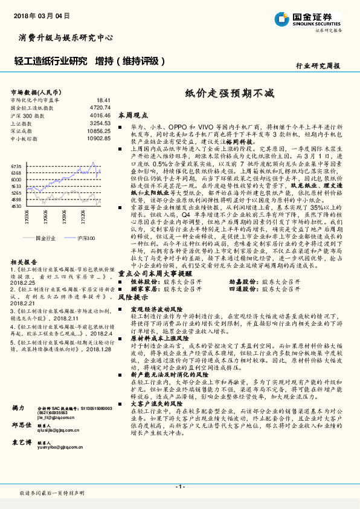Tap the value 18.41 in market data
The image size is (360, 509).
[x=103, y=100]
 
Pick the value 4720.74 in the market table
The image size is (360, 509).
[x=100, y=107]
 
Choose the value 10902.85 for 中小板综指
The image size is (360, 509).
[x=98, y=138]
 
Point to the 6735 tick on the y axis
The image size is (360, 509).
[x=16, y=166]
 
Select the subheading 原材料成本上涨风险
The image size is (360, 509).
[x=156, y=339]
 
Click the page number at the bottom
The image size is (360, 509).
[x=179, y=486]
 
